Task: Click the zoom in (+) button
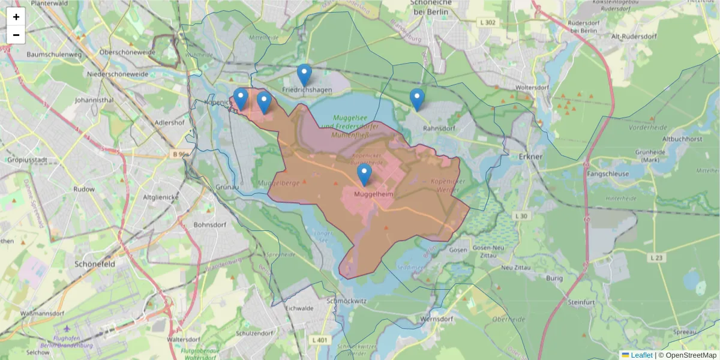[16, 17]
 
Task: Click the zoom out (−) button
[16, 35]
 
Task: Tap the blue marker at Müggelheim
[364, 175]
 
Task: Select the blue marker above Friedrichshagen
[304, 75]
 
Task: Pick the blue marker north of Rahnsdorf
[417, 99]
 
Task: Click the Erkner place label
[530, 157]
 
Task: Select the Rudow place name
[83, 189]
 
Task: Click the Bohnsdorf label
[210, 225]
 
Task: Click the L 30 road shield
[521, 215]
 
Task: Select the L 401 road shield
[320, 340]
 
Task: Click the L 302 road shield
[488, 23]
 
